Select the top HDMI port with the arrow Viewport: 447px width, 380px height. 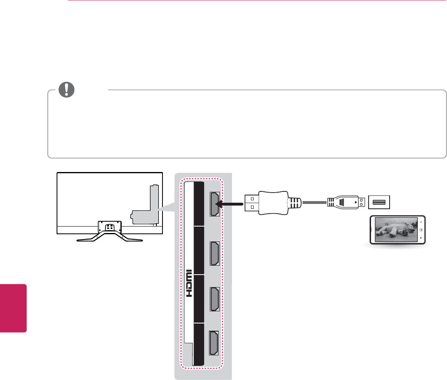pyautogui.click(x=215, y=204)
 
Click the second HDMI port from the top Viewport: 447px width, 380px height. pyautogui.click(x=215, y=253)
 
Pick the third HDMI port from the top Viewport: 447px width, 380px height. pyautogui.click(x=215, y=298)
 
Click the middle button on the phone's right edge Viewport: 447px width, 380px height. pyautogui.click(x=422, y=230)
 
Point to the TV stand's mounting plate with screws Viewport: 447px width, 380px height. pyautogui.click(x=110, y=227)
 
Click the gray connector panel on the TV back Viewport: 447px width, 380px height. pyautogui.click(x=146, y=210)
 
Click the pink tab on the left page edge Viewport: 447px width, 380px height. pyautogui.click(x=13, y=308)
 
